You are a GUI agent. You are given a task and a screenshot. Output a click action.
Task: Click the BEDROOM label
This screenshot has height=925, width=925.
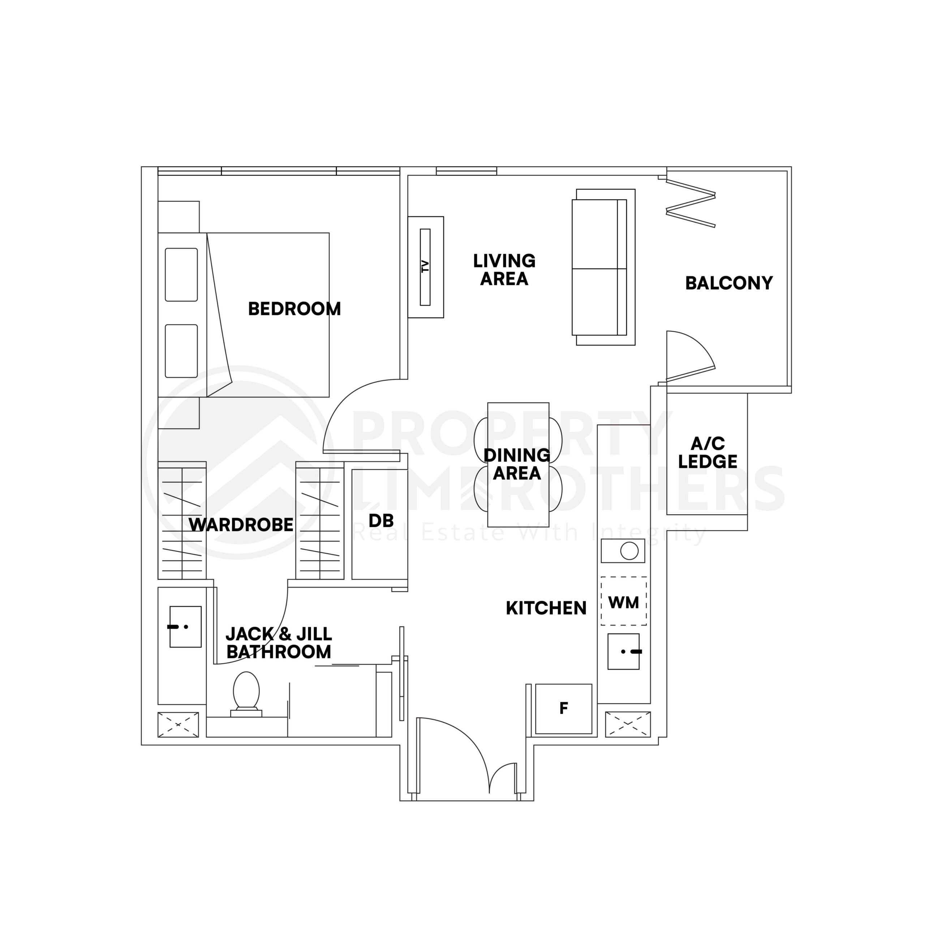(294, 309)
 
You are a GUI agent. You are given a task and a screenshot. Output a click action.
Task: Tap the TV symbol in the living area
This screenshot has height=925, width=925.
(425, 267)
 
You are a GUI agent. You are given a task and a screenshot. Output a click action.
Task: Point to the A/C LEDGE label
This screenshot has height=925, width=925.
(707, 452)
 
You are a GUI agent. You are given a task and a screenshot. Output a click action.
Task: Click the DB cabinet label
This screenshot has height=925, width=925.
(381, 520)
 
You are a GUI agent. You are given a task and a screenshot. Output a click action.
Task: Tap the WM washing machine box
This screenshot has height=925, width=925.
(623, 602)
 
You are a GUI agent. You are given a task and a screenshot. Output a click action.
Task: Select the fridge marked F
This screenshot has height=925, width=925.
(564, 708)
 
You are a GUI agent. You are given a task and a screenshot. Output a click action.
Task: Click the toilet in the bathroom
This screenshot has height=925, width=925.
(246, 692)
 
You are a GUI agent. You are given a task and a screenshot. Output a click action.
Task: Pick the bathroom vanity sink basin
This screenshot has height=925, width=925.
(185, 627)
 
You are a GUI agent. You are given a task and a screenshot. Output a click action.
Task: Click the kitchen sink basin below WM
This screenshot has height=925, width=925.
(623, 651)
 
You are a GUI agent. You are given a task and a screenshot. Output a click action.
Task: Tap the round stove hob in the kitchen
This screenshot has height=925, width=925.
(629, 551)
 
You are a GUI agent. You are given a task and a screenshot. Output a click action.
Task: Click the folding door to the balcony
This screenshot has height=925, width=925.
(690, 203)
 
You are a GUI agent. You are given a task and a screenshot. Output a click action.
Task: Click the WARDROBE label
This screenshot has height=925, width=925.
(241, 525)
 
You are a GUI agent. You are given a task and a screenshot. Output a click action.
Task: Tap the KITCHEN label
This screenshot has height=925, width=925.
(546, 608)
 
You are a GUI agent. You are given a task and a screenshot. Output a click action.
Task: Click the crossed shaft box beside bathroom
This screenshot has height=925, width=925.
(178, 724)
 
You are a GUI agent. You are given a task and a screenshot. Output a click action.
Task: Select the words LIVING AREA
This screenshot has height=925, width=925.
(504, 270)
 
